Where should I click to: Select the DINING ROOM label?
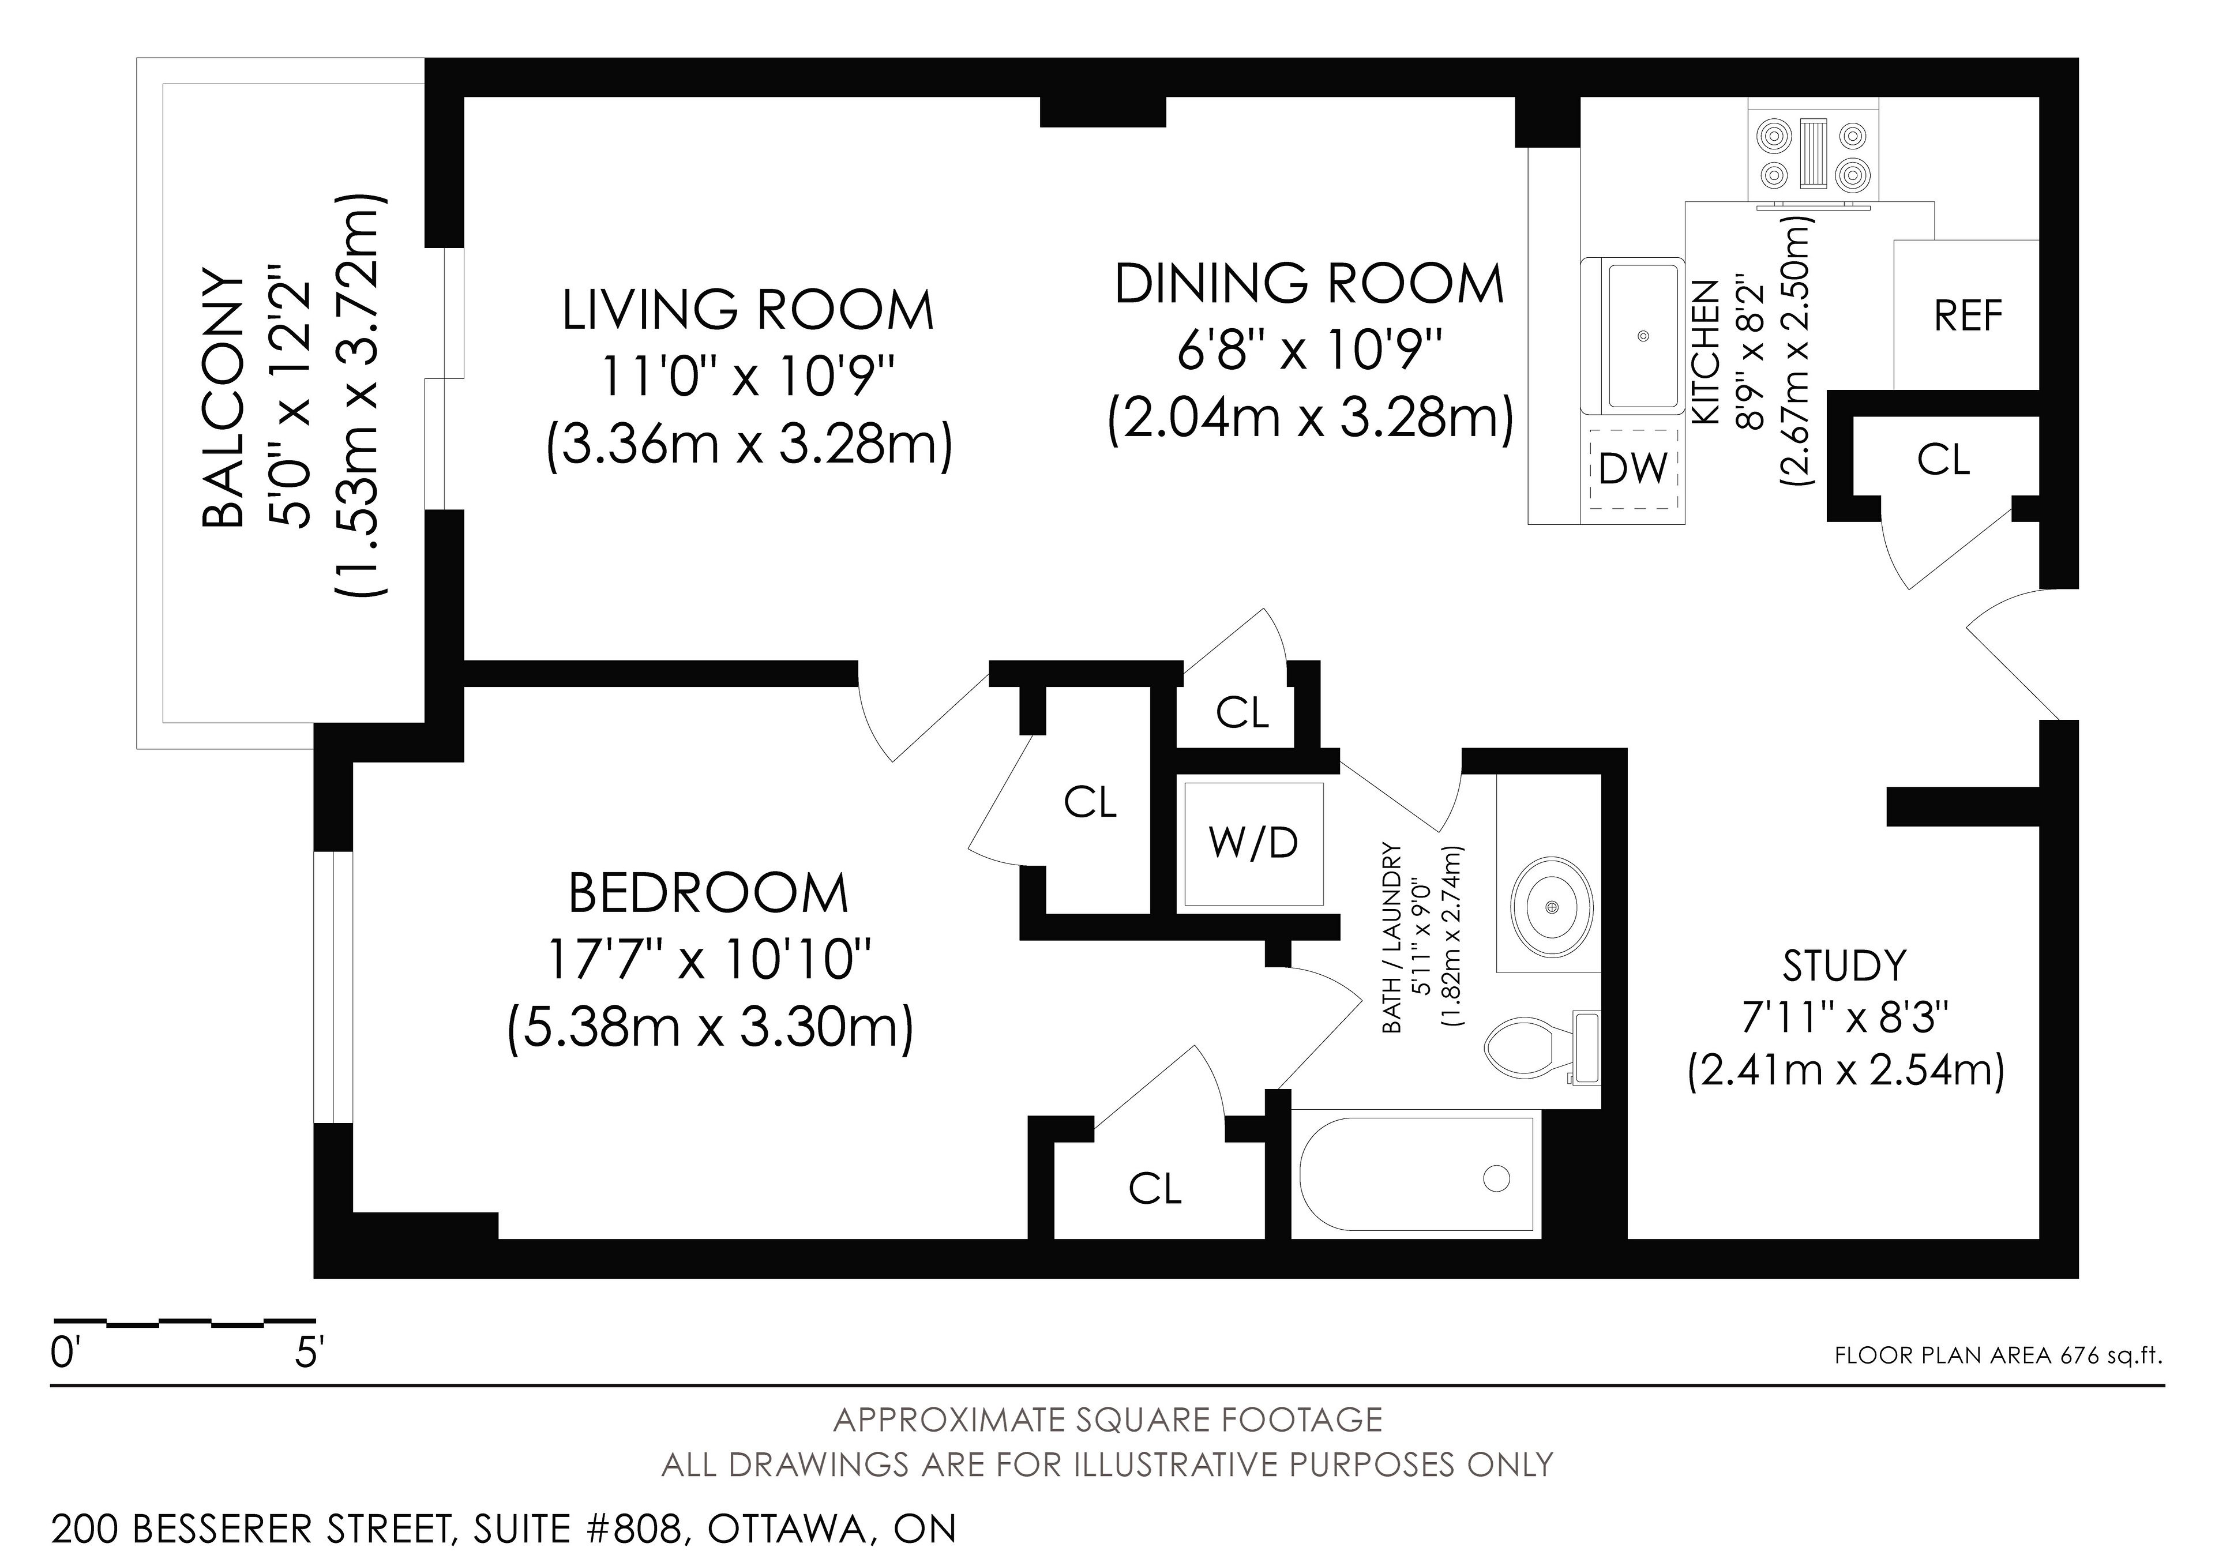[1309, 284]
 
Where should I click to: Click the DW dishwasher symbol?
[1633, 469]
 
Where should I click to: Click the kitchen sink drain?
[1644, 336]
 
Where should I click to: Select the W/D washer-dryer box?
[1253, 843]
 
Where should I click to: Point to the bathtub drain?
[1496, 1177]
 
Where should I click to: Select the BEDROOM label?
[708, 893]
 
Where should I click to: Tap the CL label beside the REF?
[1943, 460]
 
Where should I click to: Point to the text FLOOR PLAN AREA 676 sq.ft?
[1998, 1355]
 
